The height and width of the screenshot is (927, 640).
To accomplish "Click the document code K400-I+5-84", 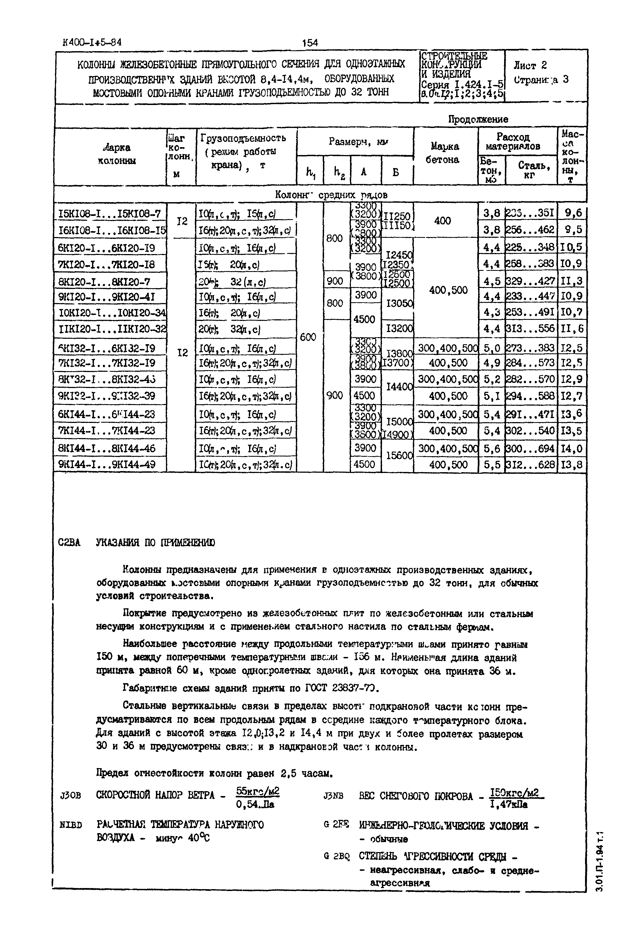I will point(92,42).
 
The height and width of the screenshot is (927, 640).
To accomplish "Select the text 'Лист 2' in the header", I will point(530,65).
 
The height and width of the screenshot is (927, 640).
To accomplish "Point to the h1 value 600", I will point(308,337).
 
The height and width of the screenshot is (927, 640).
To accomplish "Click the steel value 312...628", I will point(531,465).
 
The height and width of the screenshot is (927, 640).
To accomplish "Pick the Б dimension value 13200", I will point(398,329).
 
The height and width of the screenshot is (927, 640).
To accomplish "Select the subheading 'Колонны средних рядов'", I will point(331,195).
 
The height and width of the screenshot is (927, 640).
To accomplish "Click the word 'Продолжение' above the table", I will point(478,119).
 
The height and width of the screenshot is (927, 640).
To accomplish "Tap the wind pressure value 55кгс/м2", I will point(257,791).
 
